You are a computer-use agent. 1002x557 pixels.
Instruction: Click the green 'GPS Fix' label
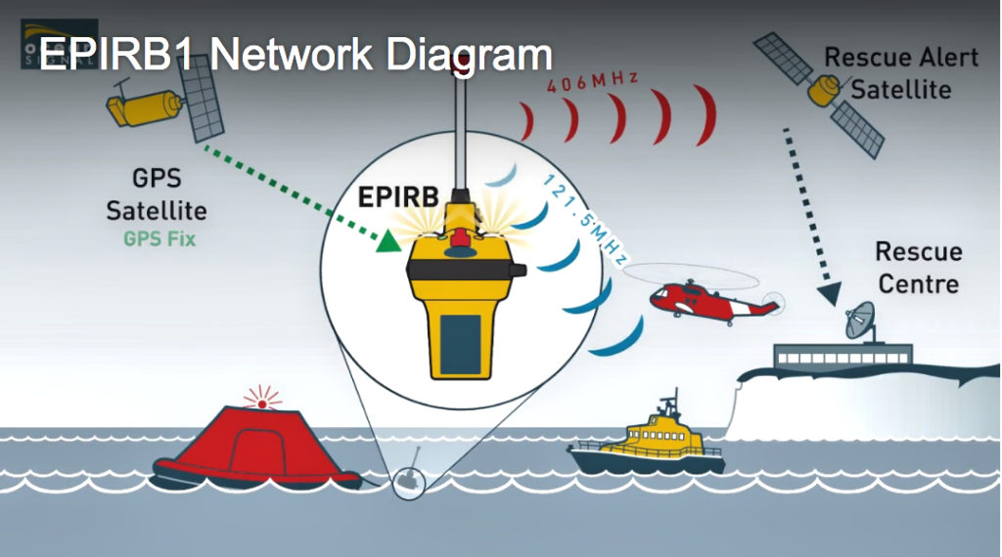coord(159,237)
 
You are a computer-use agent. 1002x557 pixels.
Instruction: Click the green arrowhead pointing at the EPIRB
coord(390,238)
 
